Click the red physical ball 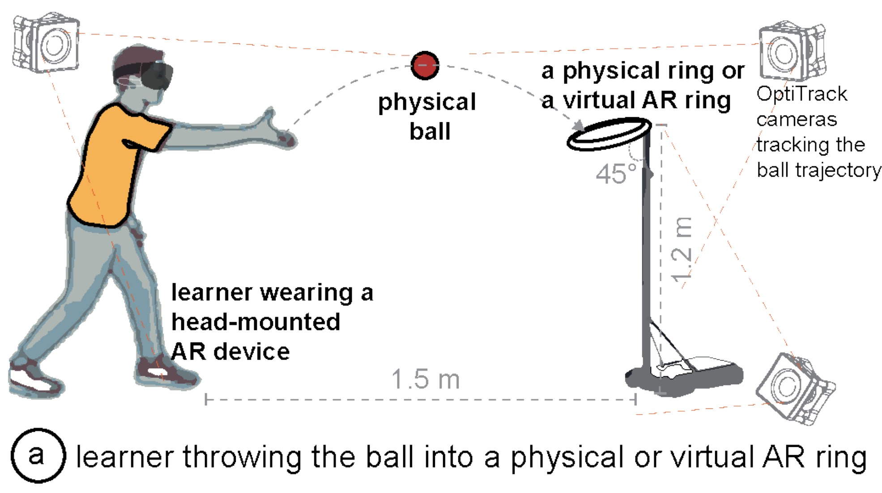[424, 66]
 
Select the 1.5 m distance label [425, 379]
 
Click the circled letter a [38, 455]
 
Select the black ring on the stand [609, 133]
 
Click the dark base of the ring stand [685, 376]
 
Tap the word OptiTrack [801, 94]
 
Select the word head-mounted [256, 322]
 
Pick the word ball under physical [430, 132]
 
